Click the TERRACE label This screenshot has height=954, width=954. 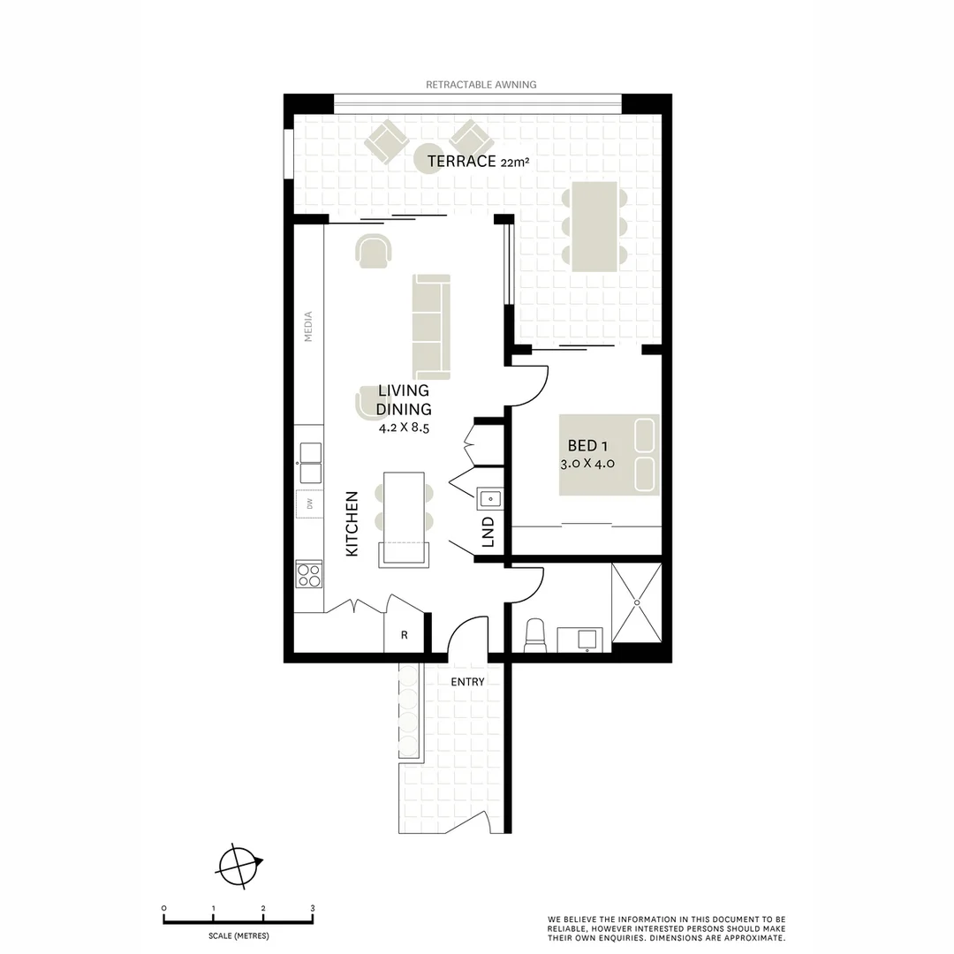[461, 162]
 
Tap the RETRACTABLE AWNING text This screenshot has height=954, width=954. [481, 85]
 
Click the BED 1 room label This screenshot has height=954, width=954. [587, 446]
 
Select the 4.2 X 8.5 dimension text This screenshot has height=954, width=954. [404, 428]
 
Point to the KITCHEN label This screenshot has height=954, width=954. [352, 524]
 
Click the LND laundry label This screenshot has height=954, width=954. [488, 532]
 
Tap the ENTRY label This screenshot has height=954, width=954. [467, 682]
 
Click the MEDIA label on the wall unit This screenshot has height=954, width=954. [308, 326]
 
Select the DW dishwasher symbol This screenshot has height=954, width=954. [310, 503]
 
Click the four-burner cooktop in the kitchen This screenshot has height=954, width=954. [308, 574]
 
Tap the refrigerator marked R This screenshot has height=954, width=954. [404, 634]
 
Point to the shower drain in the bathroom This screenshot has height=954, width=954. [637, 602]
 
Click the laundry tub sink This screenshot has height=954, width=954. [489, 498]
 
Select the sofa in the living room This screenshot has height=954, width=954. [431, 327]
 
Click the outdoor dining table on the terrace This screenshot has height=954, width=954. [594, 226]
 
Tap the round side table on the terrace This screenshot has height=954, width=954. [428, 161]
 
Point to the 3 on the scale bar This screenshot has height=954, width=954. [313, 908]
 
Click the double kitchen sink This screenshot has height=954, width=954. [310, 463]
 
